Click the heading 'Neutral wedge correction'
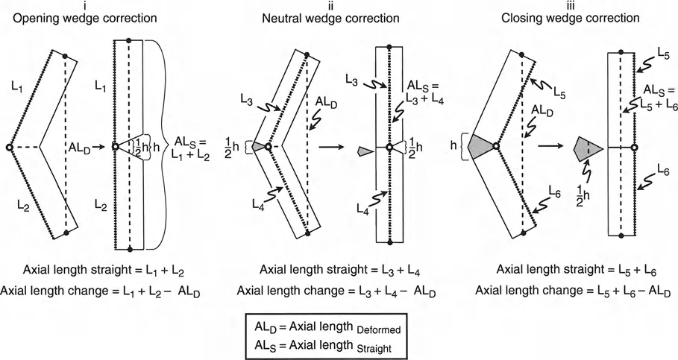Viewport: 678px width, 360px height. coord(336,17)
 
